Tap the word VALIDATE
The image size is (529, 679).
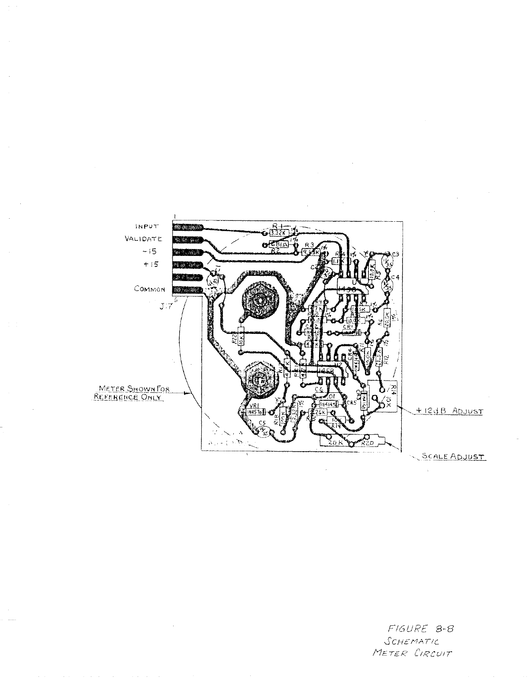[x=143, y=239]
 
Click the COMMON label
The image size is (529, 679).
[x=149, y=289]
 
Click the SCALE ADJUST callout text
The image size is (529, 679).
[x=453, y=456]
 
